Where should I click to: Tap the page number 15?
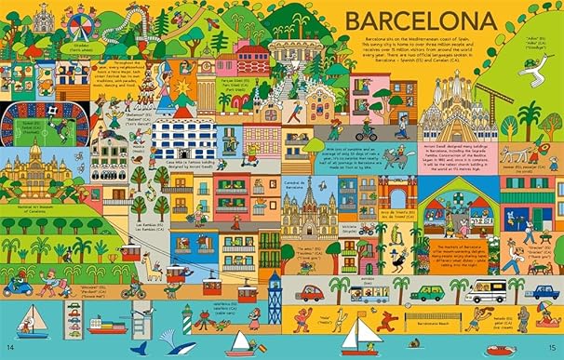pos(551,348)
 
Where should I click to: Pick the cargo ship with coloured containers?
pos(106,326)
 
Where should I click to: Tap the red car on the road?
pos(311,292)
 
